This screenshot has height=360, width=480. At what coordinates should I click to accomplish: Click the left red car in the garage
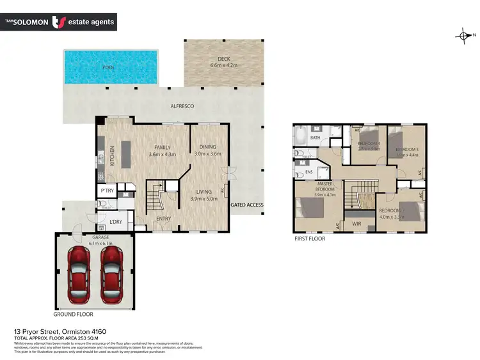[x=79, y=270]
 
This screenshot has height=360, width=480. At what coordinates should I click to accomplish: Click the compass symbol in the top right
[x=463, y=36]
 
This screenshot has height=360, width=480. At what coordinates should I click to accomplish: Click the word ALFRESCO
[x=182, y=106]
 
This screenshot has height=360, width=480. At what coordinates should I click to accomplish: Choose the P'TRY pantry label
[x=106, y=191]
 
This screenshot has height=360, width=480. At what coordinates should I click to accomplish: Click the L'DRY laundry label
[x=116, y=223]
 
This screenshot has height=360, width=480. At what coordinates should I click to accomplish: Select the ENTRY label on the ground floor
[x=163, y=219]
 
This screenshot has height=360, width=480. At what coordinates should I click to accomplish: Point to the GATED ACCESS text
[x=248, y=205]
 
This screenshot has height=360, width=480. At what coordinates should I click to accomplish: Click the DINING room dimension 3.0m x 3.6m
[x=207, y=153]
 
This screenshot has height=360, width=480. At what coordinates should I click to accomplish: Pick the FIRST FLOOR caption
[x=310, y=239]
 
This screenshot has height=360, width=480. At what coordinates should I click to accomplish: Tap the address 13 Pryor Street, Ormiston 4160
[x=60, y=331]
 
